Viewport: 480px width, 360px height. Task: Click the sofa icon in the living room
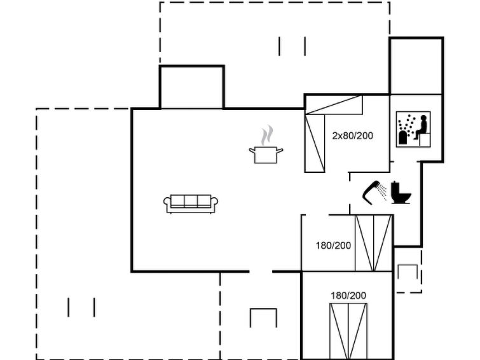(x=191, y=204)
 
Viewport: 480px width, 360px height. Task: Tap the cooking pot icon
(x=266, y=155)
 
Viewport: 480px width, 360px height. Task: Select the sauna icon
(x=413, y=129)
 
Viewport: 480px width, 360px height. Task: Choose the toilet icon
(x=401, y=193)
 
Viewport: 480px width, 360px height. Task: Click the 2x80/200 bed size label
(x=353, y=135)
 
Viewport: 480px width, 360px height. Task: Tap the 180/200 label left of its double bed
(x=333, y=246)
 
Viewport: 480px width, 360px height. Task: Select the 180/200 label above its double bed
(x=348, y=295)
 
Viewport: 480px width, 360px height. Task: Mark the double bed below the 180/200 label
(x=348, y=331)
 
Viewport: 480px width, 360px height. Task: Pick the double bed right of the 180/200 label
(x=373, y=243)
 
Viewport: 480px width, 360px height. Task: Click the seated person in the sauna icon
(x=422, y=127)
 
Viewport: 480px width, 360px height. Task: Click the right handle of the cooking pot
(x=280, y=150)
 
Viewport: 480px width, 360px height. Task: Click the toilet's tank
(x=395, y=188)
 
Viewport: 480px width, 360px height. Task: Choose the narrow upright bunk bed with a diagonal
(x=315, y=143)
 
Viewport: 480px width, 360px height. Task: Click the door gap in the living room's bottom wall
(x=261, y=272)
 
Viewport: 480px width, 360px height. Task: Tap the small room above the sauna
(x=416, y=66)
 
